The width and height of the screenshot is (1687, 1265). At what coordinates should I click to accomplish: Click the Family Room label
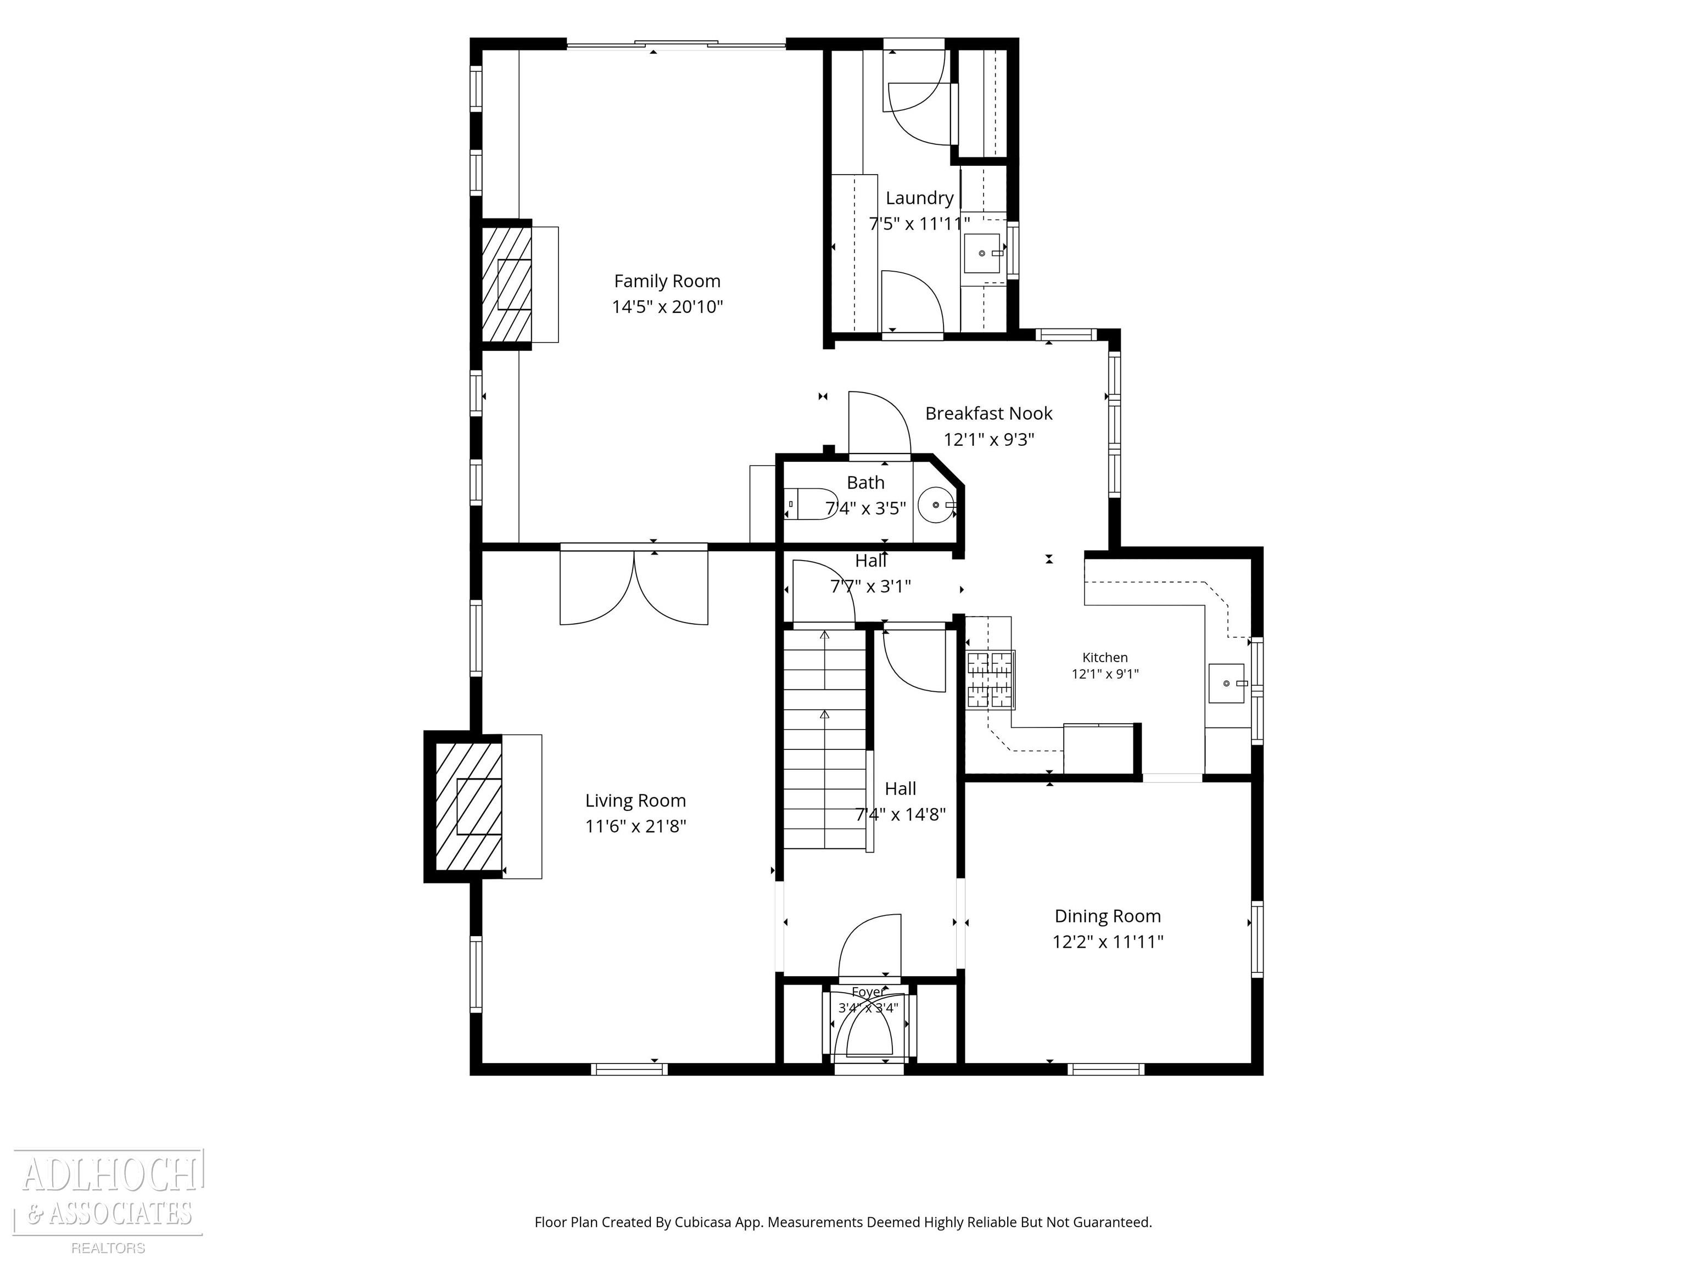click(x=667, y=281)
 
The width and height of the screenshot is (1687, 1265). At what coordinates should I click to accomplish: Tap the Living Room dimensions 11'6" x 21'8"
click(x=635, y=826)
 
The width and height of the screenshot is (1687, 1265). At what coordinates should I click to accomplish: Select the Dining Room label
click(x=1108, y=916)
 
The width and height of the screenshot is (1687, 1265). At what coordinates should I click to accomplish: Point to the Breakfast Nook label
click(x=988, y=413)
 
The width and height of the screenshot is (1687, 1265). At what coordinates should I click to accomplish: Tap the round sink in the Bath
click(x=936, y=505)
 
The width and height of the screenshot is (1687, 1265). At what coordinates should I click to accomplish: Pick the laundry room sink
click(x=983, y=253)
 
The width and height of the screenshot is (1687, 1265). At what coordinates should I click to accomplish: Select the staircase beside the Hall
click(x=824, y=738)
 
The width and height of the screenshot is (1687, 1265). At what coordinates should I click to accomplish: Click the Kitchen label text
click(x=1105, y=657)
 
